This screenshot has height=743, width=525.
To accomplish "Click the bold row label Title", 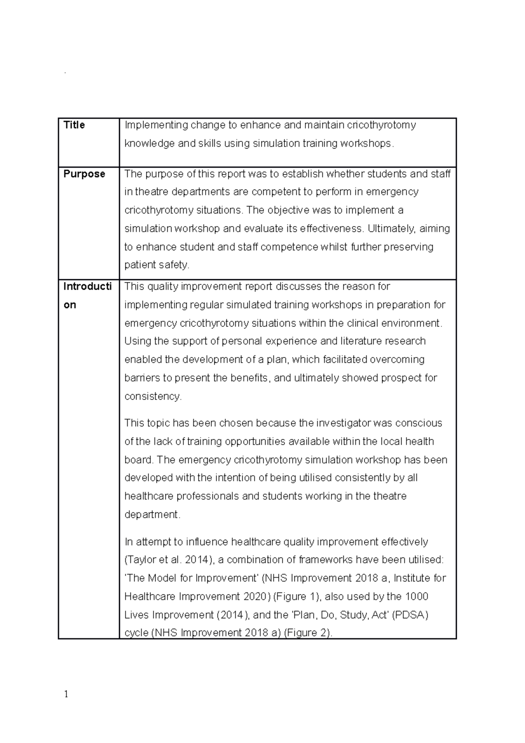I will (x=74, y=125).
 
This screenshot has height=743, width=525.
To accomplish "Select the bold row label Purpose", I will (x=84, y=174).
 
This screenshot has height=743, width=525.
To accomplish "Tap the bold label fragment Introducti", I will (x=87, y=287).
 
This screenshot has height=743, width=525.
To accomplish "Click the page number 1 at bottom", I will (x=66, y=694).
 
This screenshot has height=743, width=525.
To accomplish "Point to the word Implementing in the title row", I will (x=156, y=126).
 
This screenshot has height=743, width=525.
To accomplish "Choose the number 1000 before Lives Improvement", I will (x=416, y=597).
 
